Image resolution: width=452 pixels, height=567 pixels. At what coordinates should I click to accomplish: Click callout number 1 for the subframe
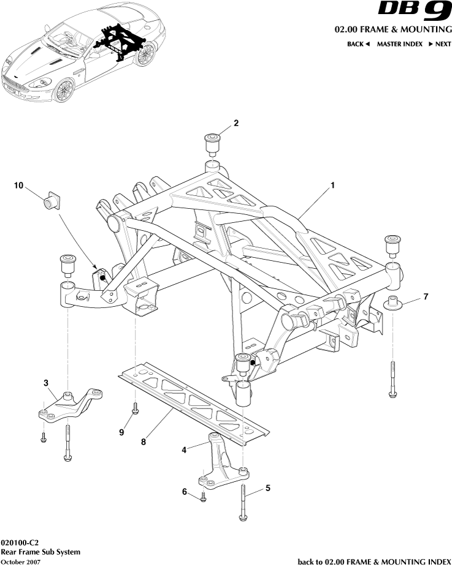click(x=332, y=184)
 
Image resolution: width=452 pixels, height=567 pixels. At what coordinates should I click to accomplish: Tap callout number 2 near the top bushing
click(x=236, y=123)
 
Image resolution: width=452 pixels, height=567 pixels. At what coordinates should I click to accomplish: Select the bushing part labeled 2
click(x=212, y=142)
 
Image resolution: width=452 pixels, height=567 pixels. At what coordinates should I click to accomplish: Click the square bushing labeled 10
click(x=51, y=200)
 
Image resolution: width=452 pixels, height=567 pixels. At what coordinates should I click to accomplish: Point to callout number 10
click(x=19, y=186)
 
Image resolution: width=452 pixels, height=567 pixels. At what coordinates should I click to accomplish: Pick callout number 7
click(x=426, y=298)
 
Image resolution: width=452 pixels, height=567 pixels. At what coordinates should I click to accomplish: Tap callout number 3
click(x=45, y=383)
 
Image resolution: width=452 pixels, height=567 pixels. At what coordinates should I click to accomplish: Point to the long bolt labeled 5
click(x=243, y=502)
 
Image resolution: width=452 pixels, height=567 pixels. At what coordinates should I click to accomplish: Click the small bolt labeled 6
click(x=203, y=498)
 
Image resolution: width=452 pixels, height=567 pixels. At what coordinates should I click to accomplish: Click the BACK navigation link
click(x=358, y=44)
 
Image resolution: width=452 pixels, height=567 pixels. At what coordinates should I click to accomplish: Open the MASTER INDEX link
click(x=399, y=44)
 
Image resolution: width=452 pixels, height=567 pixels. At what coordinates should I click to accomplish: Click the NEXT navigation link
click(x=440, y=44)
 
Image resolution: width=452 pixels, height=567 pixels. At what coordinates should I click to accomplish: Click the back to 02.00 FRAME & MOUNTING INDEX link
click(x=374, y=561)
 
